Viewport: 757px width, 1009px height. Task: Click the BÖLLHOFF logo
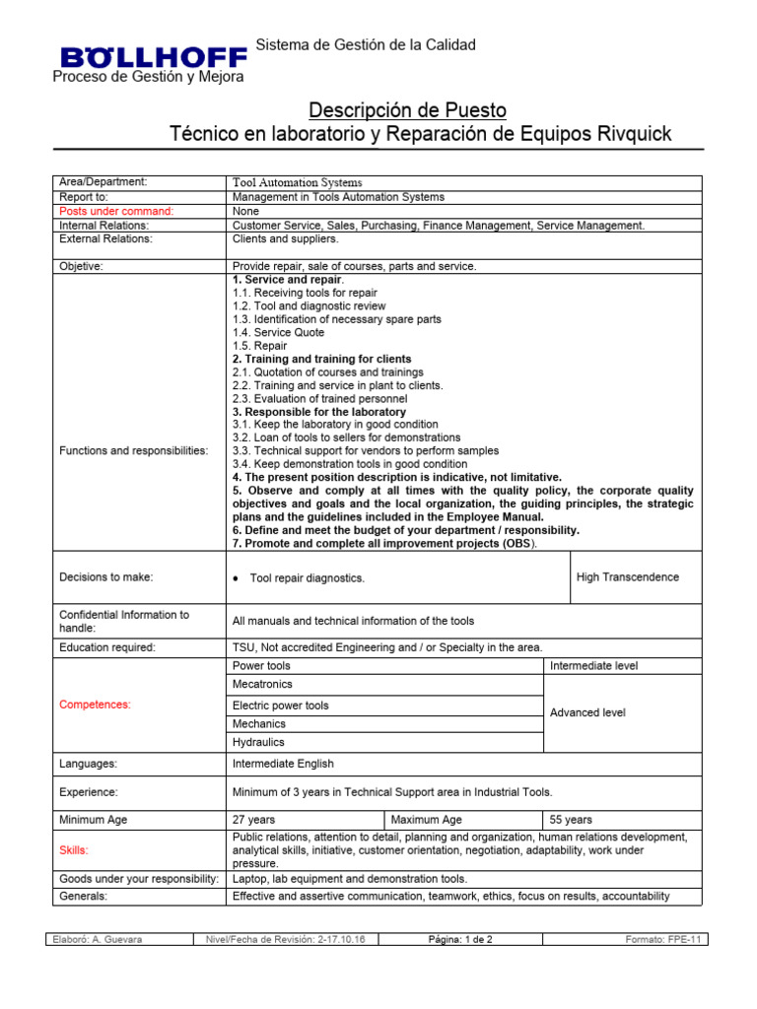click(149, 57)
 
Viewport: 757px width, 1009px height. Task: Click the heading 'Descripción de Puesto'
click(408, 109)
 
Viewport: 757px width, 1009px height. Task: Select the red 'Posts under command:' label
click(116, 211)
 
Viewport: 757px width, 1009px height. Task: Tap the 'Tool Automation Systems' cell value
click(297, 183)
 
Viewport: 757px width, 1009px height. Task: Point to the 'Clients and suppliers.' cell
click(285, 238)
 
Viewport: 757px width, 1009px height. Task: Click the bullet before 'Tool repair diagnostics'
click(236, 578)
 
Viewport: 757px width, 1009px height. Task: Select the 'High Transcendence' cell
click(627, 577)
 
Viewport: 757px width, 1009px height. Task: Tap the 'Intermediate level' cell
click(593, 666)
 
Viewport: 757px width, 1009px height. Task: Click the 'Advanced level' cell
click(587, 712)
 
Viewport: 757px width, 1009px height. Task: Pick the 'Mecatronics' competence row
click(262, 684)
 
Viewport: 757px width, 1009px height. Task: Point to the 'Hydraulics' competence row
click(257, 742)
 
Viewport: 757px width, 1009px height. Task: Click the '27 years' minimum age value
click(254, 820)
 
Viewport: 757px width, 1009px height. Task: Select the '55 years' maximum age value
click(571, 820)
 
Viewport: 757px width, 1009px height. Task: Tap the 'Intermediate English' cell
click(283, 764)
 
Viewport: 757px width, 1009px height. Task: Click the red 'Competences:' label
click(96, 705)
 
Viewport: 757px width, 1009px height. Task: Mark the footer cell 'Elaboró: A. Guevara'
click(98, 940)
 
